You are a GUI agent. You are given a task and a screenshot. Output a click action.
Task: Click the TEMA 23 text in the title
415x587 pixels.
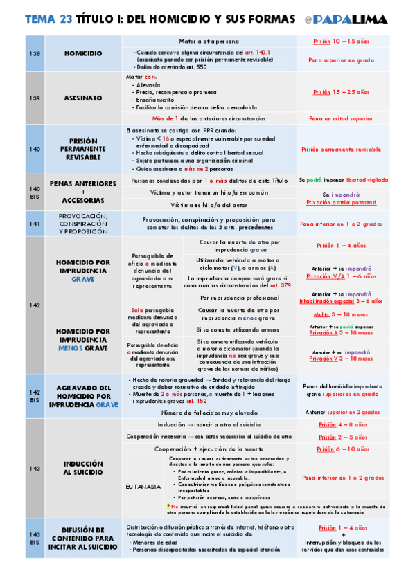[47, 20]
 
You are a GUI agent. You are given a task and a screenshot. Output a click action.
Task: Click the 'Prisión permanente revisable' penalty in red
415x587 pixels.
[341, 149]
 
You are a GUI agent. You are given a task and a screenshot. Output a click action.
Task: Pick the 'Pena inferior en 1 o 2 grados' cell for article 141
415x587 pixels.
[341, 224]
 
